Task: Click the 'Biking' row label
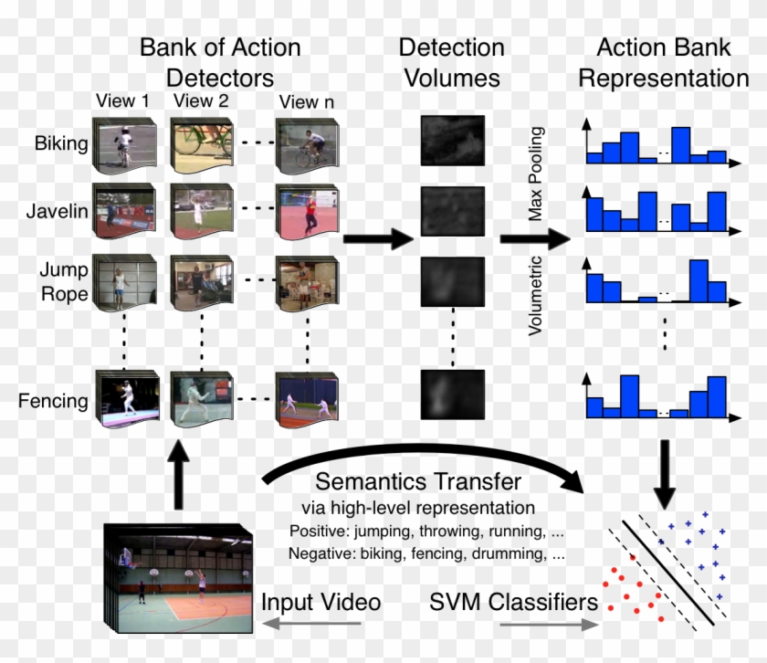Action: coord(61,143)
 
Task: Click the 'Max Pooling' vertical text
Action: coord(536,174)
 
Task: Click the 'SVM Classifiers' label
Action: coord(514,603)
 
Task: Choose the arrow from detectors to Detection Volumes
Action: coord(377,240)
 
